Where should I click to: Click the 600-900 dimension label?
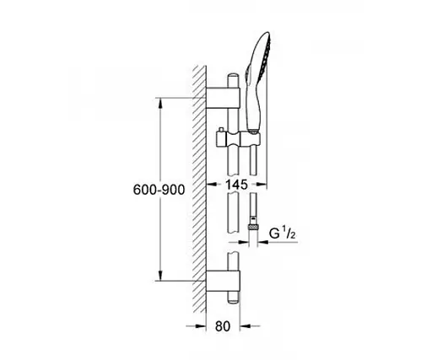[159, 190]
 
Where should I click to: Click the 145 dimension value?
[236, 185]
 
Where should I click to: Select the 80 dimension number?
[223, 326]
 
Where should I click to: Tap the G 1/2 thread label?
[283, 234]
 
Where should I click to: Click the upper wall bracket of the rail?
[223, 98]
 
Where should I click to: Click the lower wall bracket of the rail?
[223, 282]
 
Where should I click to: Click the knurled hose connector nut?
[253, 227]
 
